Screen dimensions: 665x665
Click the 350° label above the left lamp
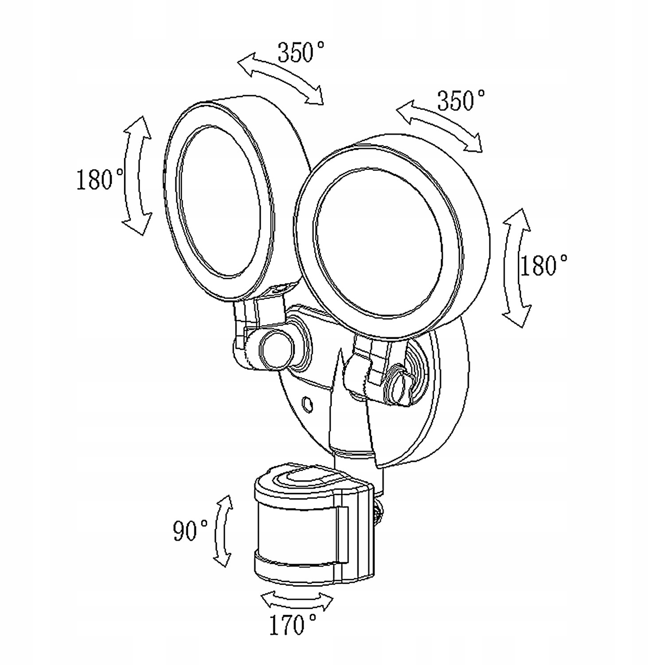pyautogui.click(x=301, y=52)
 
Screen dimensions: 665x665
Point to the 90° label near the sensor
pyautogui.click(x=190, y=530)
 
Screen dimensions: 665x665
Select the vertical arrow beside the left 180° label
pyautogui.click(x=137, y=175)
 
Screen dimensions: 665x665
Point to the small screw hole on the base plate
pyautogui.click(x=307, y=404)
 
